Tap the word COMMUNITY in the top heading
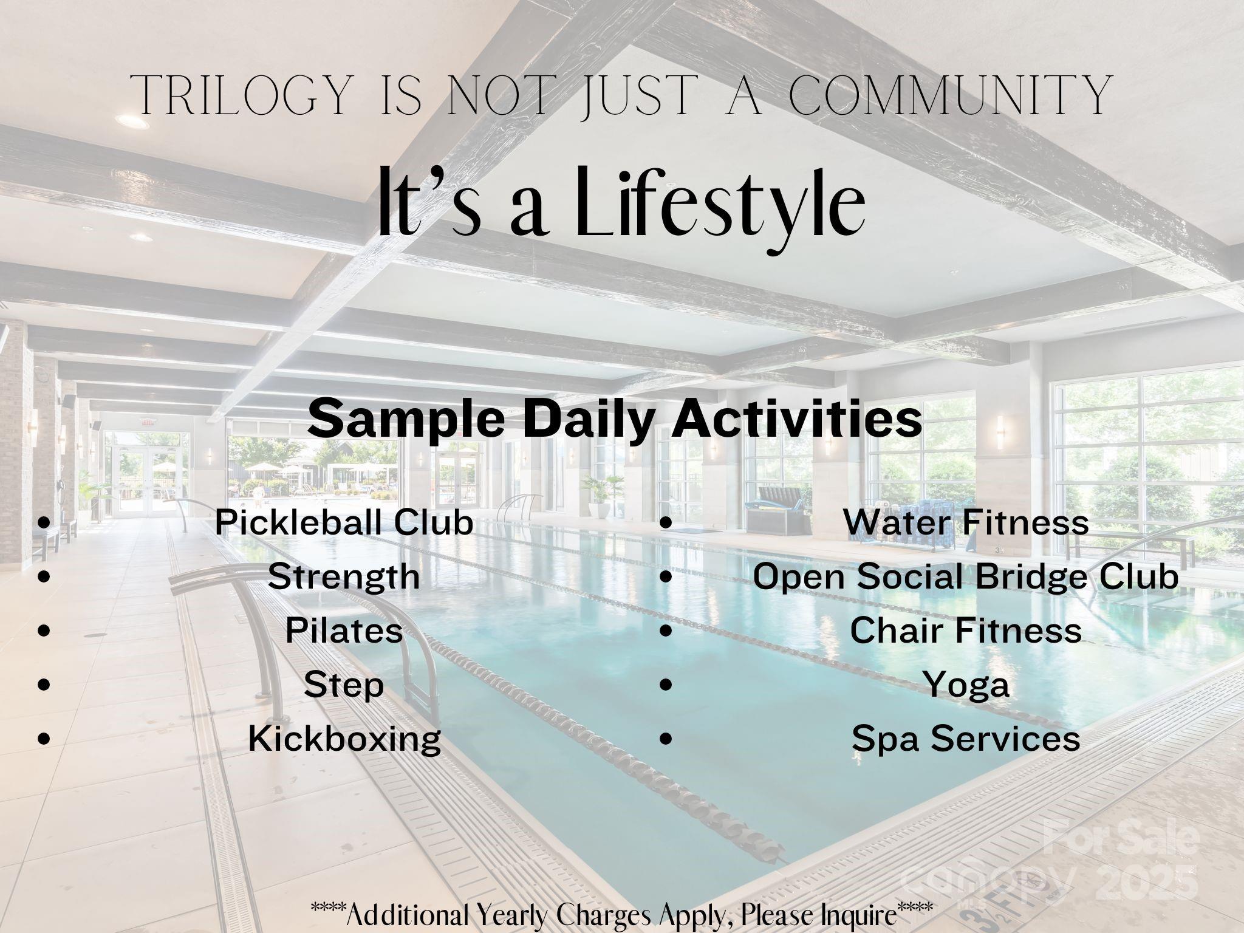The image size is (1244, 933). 950,95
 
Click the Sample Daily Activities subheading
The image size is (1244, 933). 615,419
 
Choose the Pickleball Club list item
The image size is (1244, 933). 344,522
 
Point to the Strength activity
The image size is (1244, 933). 344,577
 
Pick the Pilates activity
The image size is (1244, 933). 344,630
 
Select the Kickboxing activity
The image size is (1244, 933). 344,739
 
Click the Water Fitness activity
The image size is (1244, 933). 966,522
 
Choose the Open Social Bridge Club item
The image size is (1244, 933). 966,577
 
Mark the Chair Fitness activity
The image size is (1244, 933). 966,630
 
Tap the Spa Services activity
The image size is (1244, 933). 966,739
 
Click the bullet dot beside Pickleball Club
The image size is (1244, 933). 43,522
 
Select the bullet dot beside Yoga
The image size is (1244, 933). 666,685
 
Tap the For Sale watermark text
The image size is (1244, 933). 1121,839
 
